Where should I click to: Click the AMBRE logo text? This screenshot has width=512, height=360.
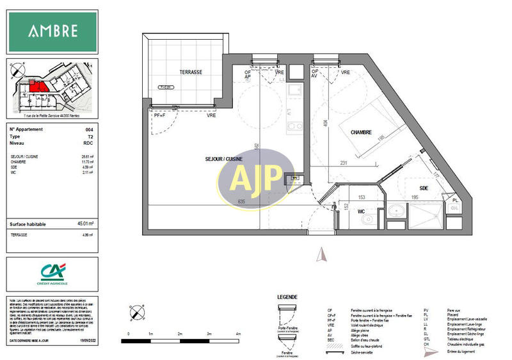click(52, 31)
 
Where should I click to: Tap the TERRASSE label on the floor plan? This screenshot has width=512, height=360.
click(191, 72)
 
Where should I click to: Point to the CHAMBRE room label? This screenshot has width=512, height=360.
click(362, 132)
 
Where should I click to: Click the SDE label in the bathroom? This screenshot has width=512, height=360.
click(424, 188)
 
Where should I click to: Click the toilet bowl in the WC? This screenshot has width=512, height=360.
click(365, 222)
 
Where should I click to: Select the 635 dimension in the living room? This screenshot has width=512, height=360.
click(241, 202)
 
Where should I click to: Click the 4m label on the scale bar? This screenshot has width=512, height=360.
click(238, 334)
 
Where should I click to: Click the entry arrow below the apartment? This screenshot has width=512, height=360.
click(322, 255)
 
